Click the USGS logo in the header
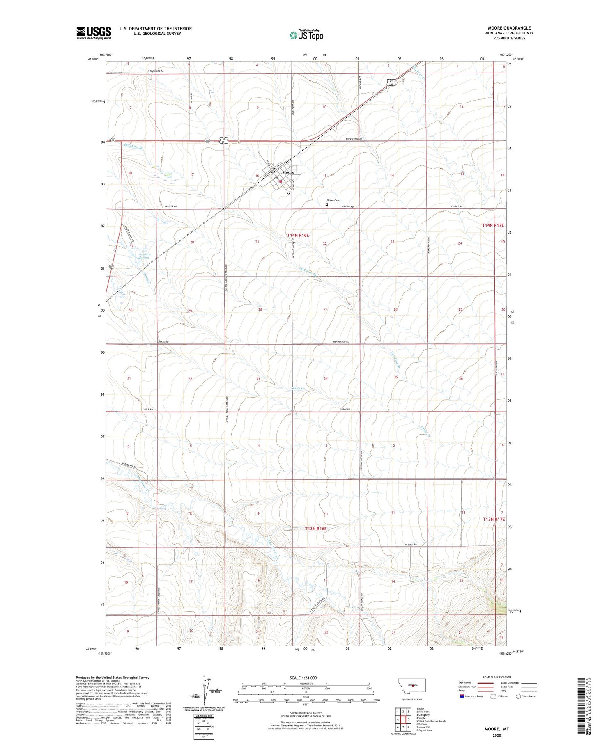(94, 33)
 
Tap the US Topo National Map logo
(306, 35)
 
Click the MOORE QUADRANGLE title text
(509, 28)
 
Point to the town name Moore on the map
(288, 172)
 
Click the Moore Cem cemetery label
(333, 200)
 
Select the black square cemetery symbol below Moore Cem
(327, 204)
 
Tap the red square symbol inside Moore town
(280, 181)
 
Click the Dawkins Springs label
(144, 256)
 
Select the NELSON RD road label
(411, 545)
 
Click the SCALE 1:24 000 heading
(303, 678)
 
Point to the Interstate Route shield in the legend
(462, 696)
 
